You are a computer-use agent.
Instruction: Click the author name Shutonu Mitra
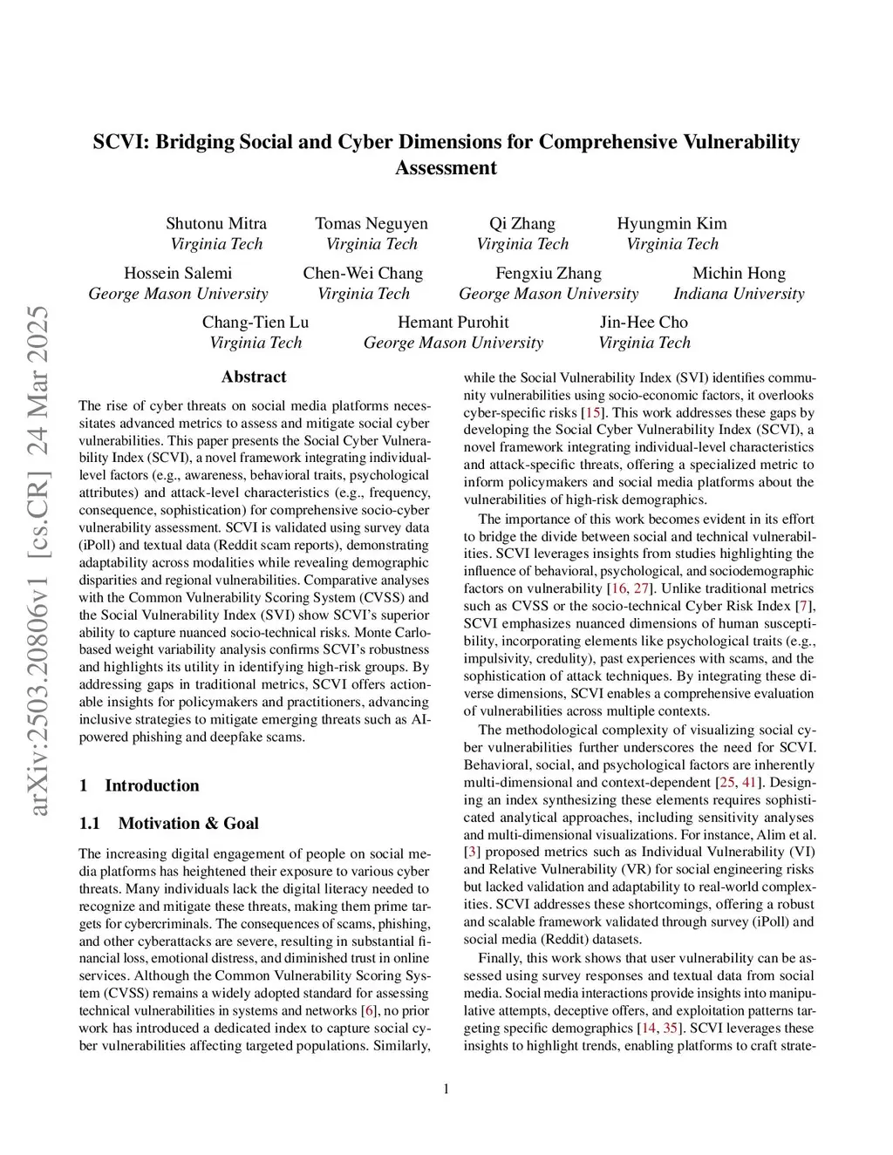216,223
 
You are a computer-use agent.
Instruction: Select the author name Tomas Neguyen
372,223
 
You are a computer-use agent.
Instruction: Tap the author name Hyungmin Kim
671,223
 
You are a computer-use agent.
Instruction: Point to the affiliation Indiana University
739,294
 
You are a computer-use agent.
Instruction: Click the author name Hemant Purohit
453,323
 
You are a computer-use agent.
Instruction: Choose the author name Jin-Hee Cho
644,323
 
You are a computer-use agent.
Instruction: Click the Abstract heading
254,377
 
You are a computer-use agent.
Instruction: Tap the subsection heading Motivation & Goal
188,824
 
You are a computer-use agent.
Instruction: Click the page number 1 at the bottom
446,1088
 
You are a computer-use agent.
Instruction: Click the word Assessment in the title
446,168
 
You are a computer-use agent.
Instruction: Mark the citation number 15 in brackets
593,412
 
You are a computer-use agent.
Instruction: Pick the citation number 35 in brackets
671,1029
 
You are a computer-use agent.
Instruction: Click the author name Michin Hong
739,273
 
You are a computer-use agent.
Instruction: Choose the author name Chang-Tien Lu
256,323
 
